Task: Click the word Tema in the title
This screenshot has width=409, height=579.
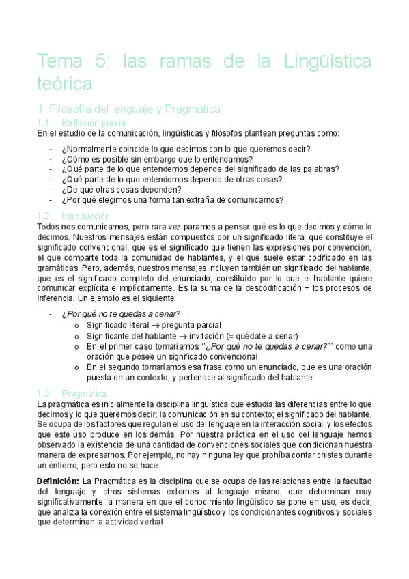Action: click(59, 63)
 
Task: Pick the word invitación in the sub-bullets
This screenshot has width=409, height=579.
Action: click(201, 335)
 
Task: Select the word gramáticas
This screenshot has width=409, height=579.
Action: click(57, 268)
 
